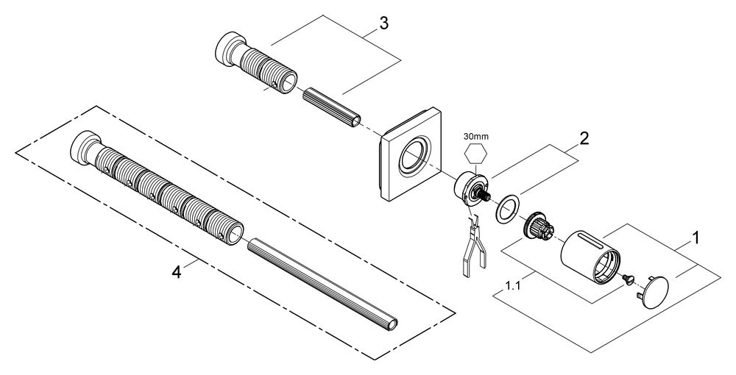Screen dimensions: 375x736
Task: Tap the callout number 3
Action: pos(383,24)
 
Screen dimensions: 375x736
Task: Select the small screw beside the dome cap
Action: pos(628,278)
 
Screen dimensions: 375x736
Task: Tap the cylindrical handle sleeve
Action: pos(590,256)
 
